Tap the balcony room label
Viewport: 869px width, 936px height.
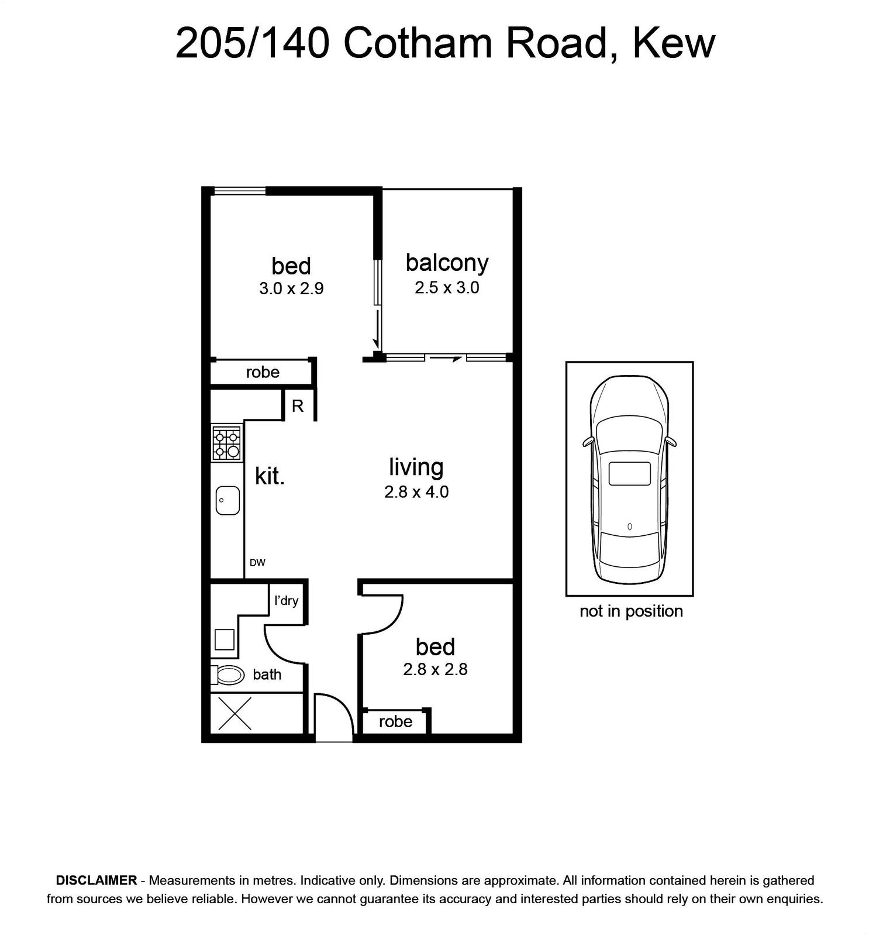click(447, 263)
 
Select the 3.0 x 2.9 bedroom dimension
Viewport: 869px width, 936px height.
click(291, 288)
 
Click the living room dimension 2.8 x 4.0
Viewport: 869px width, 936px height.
click(416, 492)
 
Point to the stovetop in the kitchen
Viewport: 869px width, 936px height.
click(227, 443)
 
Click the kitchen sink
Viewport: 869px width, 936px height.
click(227, 500)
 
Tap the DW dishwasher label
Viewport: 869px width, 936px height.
click(257, 563)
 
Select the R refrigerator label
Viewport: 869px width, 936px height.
click(298, 406)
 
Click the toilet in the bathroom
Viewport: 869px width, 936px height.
click(227, 675)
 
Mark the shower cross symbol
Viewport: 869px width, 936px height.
click(235, 713)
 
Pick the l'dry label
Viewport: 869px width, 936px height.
click(287, 600)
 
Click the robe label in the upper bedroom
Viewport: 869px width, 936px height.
click(263, 372)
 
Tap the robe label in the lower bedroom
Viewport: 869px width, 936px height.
click(395, 721)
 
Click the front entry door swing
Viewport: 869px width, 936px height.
click(343, 704)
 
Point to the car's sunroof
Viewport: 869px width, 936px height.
click(630, 473)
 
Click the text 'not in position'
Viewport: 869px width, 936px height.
click(631, 611)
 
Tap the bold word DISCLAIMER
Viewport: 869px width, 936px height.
click(96, 880)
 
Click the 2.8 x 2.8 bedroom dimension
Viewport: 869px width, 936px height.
click(435, 669)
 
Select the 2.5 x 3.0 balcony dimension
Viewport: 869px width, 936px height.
click(447, 288)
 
